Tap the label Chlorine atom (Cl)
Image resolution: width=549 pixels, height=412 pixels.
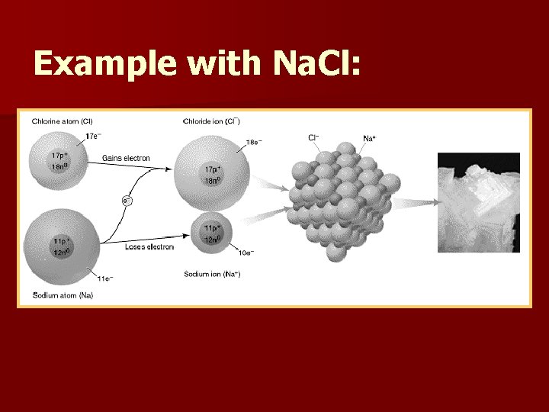[x=63, y=121]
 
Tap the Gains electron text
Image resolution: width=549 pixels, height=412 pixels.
[x=126, y=158]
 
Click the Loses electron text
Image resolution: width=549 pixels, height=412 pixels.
[x=149, y=246]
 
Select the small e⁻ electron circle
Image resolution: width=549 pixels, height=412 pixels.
[x=127, y=201]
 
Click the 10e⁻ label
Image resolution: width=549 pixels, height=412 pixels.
[x=246, y=253]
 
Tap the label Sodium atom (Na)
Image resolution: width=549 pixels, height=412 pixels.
[x=63, y=295]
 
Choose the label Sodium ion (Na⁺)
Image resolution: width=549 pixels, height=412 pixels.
[x=213, y=273]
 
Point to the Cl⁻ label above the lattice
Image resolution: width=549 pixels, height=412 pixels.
[x=313, y=137]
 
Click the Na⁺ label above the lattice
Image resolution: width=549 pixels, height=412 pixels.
[x=369, y=138]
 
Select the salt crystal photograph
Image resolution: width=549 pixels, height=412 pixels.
[x=478, y=202]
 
